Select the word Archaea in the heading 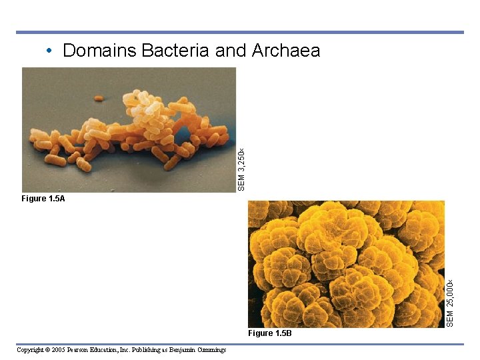pos(286,51)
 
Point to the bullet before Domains pos(49,51)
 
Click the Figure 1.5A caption pos(43,199)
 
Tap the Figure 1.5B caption pos(269,333)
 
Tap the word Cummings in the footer pos(210,350)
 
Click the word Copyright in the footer pos(29,350)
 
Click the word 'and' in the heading pos(230,51)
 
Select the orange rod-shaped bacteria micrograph pos(129,130)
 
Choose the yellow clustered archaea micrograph pos(346,264)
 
